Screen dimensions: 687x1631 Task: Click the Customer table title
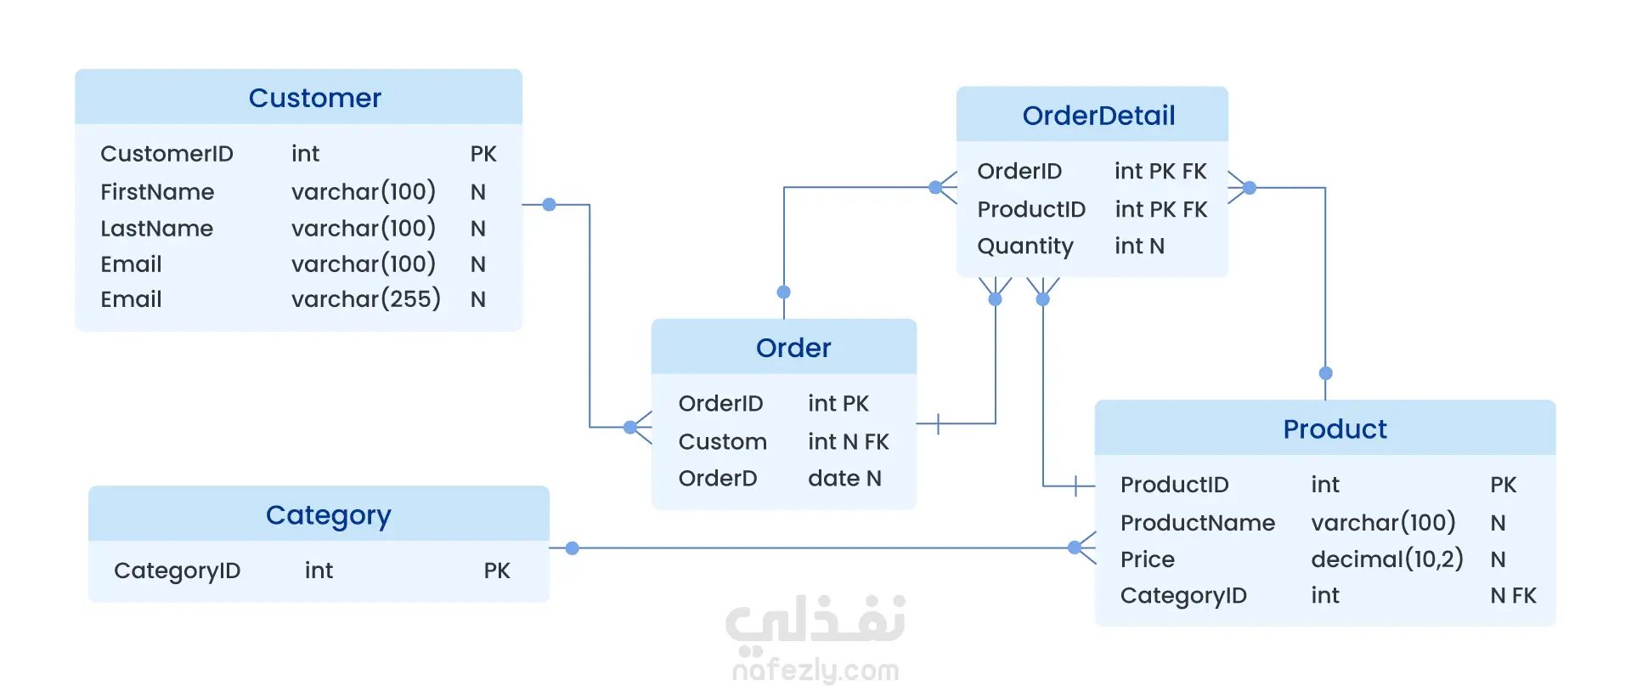pos(314,98)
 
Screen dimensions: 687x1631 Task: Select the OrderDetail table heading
pos(1098,116)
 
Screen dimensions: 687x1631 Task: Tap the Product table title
pos(1335,429)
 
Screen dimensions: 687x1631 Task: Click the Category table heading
pos(328,515)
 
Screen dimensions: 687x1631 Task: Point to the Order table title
pos(793,348)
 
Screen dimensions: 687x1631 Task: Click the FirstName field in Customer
pos(157,192)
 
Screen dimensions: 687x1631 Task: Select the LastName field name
pos(157,229)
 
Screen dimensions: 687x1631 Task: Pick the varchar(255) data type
pos(365,299)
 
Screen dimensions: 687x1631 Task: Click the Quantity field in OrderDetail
pos(1025,247)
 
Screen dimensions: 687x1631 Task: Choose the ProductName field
pos(1198,523)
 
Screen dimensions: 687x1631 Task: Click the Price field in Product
pos(1148,559)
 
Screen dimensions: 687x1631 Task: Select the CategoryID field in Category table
pos(177,571)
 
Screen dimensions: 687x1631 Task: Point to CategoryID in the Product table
pos(1183,596)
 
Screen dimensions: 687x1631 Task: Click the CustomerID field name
pos(166,154)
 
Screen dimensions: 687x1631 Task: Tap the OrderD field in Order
pos(718,479)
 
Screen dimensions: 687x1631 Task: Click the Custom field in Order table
pos(723,442)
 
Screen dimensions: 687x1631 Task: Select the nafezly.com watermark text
pos(815,670)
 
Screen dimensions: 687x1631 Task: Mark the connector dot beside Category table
pos(573,548)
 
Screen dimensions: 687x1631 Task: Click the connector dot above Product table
pos(1325,373)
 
